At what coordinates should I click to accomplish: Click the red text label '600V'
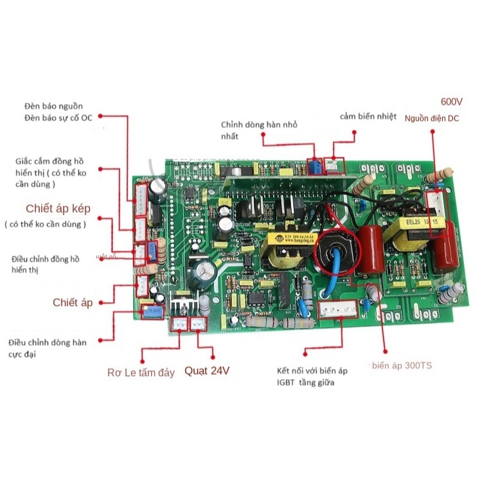point(451,102)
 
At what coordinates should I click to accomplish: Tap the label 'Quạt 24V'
point(206,371)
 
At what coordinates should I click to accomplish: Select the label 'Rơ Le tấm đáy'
point(140,373)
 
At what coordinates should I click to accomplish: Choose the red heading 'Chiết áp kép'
point(58,209)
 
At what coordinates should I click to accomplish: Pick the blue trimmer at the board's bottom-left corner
point(152,312)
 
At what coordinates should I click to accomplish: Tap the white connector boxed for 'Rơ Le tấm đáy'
point(179,325)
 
